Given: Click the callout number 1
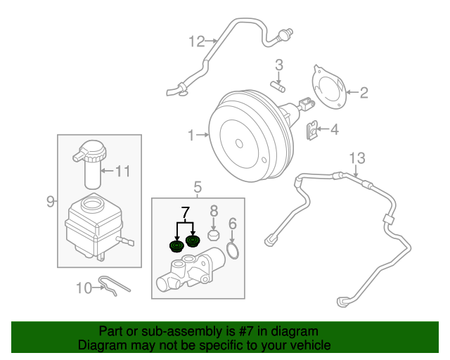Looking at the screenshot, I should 192,134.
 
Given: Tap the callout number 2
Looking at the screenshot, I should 364,91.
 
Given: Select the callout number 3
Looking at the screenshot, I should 279,65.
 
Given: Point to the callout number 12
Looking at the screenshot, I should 195,41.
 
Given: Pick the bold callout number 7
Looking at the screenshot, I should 185,211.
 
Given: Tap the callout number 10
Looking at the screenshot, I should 84,287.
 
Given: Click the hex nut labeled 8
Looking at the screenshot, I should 214,233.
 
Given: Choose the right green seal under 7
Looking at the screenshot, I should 192,243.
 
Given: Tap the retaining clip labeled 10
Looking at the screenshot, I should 113,285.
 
